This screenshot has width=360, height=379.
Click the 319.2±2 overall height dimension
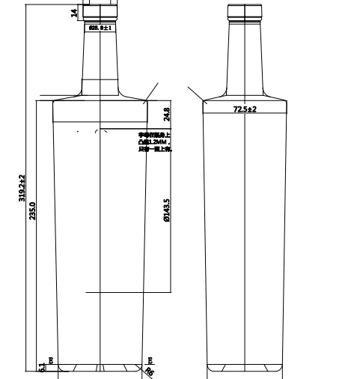(x=22, y=187)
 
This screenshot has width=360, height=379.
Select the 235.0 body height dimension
(x=32, y=210)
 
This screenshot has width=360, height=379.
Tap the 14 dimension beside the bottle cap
(x=74, y=13)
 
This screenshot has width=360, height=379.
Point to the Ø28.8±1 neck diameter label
(x=100, y=28)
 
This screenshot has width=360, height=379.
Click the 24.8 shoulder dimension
(x=166, y=114)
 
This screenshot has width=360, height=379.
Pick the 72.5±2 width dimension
(x=244, y=109)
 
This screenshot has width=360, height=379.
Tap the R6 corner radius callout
(x=149, y=372)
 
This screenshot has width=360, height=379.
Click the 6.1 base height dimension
(x=41, y=368)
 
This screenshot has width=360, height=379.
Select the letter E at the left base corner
(x=51, y=361)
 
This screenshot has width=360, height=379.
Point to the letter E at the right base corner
(x=150, y=361)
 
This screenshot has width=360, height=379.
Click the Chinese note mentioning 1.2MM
(x=155, y=142)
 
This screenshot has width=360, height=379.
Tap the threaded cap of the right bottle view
(x=245, y=10)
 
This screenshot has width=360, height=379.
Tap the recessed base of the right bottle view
(x=245, y=369)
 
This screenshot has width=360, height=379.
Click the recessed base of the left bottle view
(x=100, y=369)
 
